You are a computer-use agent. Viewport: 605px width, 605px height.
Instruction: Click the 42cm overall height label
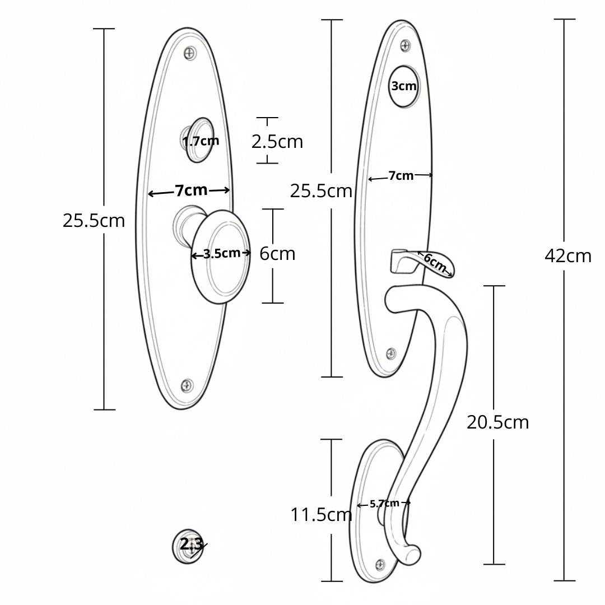click(x=568, y=256)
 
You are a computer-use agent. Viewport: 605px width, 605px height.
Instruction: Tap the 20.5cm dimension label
click(x=498, y=422)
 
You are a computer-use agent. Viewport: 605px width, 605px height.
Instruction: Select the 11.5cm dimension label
click(x=321, y=515)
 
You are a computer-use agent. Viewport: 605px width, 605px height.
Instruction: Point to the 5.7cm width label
click(x=384, y=504)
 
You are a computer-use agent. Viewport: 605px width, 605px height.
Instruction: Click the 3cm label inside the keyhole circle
click(x=403, y=86)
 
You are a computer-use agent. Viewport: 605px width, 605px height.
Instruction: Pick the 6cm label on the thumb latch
click(x=435, y=263)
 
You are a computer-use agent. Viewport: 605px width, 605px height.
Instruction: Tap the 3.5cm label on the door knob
click(x=222, y=254)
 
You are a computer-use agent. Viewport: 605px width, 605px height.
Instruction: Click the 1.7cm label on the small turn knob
click(x=201, y=141)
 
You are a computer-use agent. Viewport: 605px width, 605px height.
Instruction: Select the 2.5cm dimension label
click(x=277, y=142)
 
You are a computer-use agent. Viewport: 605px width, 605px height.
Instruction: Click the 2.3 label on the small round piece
click(x=191, y=544)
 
